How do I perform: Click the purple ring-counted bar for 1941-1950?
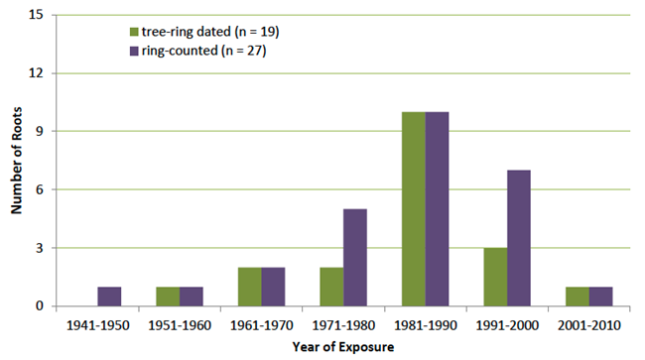click(109, 296)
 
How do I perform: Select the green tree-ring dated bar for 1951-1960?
click(168, 296)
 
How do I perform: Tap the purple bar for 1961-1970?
click(273, 287)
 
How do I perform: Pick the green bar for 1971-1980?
click(330, 287)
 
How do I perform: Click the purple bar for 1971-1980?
click(354, 258)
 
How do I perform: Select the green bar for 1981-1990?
click(413, 209)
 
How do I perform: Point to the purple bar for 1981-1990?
click(437, 209)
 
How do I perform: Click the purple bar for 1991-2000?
click(518, 238)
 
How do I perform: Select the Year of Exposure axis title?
click(343, 347)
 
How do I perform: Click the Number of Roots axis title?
click(16, 161)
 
